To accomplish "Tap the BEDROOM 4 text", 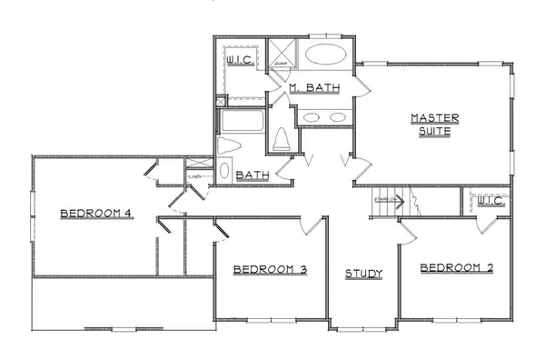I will tap(96, 214).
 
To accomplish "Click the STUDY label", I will tap(363, 273).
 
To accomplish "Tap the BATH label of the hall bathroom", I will tap(251, 175).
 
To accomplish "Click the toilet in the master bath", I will tap(281, 138).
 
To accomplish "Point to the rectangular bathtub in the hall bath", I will tap(241, 122).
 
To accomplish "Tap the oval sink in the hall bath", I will tap(225, 171).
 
